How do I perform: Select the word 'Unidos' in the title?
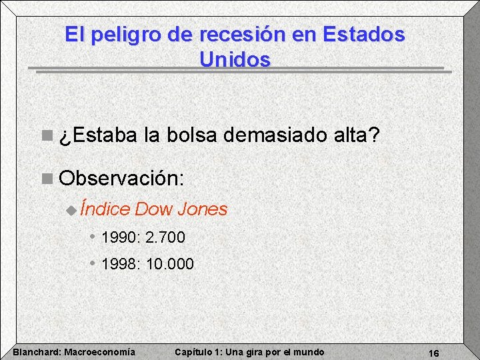235,59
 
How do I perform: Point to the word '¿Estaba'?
99,137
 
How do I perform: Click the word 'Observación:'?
121,179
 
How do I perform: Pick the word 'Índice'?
105,209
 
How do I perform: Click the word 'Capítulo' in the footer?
193,352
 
